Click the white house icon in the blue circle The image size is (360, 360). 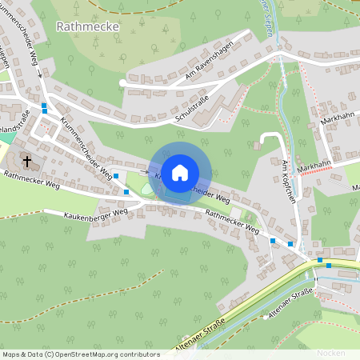coord(180,172)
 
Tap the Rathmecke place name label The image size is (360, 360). coord(88,26)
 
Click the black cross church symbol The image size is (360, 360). coord(27,161)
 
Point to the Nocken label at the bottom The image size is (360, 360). coord(330,352)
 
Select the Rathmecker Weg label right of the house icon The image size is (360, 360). coord(232,222)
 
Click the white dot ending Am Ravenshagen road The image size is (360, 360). coord(122,82)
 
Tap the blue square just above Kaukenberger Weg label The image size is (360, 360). coord(126,193)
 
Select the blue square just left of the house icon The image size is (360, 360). coord(116,176)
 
